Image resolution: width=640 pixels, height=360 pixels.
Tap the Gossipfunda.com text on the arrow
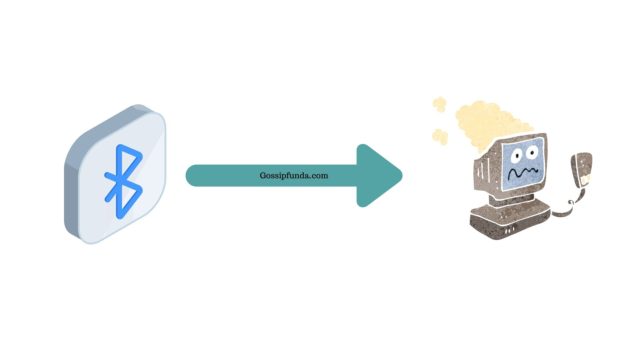294,176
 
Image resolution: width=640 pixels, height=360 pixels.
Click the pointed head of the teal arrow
401,176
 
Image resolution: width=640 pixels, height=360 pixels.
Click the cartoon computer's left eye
517,155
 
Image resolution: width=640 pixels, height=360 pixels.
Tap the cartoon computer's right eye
531,152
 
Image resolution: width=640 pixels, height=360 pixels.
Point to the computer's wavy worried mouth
523,173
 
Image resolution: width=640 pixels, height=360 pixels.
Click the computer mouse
581,169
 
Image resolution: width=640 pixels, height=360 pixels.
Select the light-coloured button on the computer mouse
586,179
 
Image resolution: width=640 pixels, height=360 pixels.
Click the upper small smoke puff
440,104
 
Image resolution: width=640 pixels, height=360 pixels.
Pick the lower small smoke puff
440,136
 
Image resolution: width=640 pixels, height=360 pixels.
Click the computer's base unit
510,220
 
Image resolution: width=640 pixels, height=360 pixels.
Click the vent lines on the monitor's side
484,168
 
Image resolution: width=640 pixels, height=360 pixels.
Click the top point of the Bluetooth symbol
118,145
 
